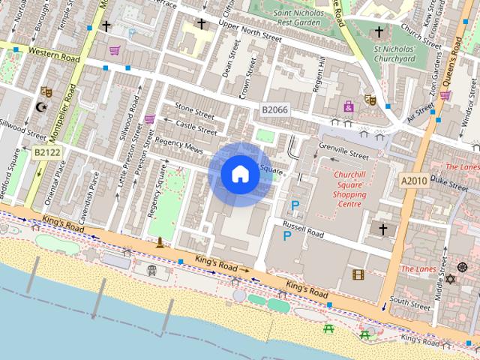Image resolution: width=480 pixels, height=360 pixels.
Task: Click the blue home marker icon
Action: coord(239,174)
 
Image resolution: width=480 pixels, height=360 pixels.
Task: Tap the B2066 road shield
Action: coord(274,110)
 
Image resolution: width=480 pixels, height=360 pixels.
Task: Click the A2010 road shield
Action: coord(413,181)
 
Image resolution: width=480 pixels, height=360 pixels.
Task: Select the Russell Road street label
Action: coord(303,229)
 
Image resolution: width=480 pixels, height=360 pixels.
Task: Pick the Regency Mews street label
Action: coord(179,145)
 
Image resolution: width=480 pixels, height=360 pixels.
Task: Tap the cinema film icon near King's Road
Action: coord(358,274)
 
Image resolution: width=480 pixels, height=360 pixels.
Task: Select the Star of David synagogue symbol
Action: coord(451,279)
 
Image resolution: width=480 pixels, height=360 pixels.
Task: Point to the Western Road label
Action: coord(55,53)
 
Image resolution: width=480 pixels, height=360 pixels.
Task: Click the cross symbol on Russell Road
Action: coord(382,229)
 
